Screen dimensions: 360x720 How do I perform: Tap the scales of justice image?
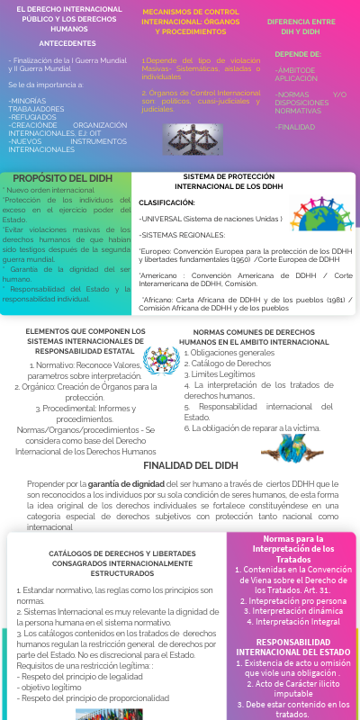point(193,139)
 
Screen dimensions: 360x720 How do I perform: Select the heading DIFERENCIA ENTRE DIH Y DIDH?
point(301,26)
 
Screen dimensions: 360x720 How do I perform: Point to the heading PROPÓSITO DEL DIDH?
point(63,178)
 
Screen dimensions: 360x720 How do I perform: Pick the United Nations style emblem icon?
point(160,360)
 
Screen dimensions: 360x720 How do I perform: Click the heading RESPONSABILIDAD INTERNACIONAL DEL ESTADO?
point(291,646)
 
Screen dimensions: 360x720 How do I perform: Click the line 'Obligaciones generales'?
point(230,352)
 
